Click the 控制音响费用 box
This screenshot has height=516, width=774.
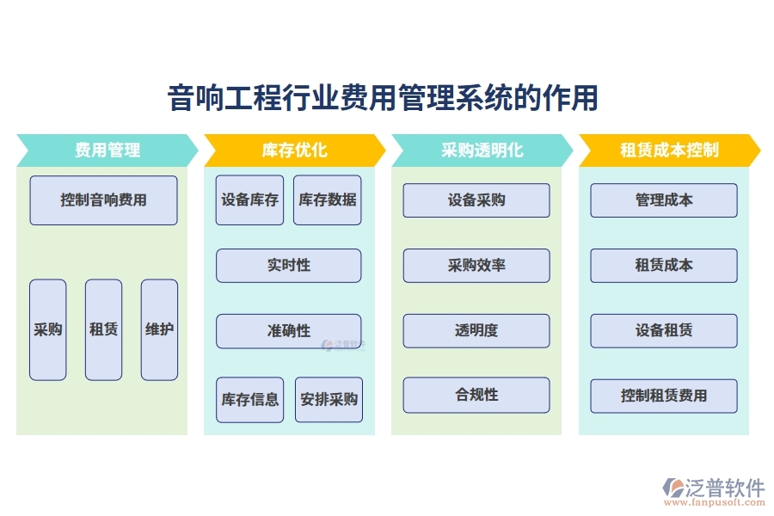(x=103, y=200)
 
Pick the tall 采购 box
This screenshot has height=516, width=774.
(x=48, y=329)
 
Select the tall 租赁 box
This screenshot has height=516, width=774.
(x=103, y=329)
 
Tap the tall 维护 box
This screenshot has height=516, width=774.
(x=159, y=329)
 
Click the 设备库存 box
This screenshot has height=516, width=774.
(x=249, y=200)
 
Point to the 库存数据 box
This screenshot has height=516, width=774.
(x=327, y=200)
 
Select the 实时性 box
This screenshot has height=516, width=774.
(x=288, y=266)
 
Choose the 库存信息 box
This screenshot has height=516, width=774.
(x=249, y=400)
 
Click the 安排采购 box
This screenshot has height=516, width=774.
(x=329, y=400)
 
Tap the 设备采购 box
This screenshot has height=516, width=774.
(x=476, y=200)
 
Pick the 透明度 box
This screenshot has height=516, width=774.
(x=476, y=331)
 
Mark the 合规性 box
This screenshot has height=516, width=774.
(x=476, y=396)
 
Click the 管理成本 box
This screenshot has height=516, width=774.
(x=664, y=200)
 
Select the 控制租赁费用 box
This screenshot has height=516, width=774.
(x=664, y=396)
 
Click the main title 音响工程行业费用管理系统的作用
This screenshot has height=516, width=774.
(x=383, y=98)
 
